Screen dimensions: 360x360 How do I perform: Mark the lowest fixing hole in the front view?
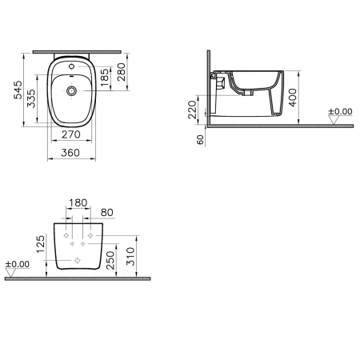(x=78, y=262)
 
